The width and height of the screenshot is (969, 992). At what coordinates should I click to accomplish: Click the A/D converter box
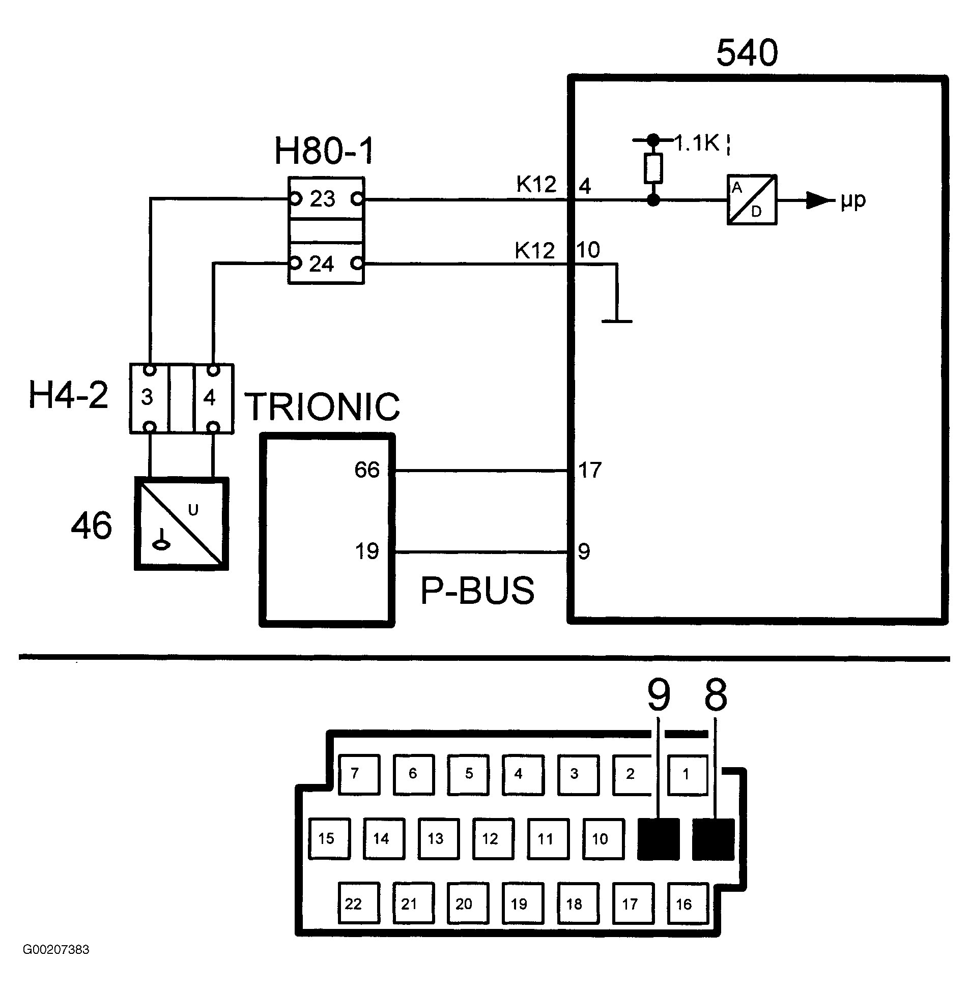point(752,200)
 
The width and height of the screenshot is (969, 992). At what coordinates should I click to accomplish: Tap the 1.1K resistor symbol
point(653,168)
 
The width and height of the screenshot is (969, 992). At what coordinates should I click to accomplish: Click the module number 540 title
point(747,53)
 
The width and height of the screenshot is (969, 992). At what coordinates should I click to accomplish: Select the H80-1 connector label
point(324,151)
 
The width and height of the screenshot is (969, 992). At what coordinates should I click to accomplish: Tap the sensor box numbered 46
point(181,523)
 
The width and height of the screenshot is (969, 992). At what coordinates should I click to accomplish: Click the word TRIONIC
point(323,406)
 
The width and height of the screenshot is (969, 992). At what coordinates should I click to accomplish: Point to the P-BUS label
point(477,590)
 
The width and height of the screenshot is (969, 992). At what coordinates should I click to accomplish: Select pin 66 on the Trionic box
point(367,470)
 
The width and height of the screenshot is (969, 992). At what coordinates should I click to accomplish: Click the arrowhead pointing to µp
point(818,200)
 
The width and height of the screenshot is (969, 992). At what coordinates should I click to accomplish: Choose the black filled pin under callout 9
point(659,839)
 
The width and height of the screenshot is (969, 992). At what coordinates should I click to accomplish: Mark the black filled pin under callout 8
point(714,839)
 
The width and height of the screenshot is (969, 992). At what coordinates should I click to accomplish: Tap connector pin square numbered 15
point(330,839)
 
